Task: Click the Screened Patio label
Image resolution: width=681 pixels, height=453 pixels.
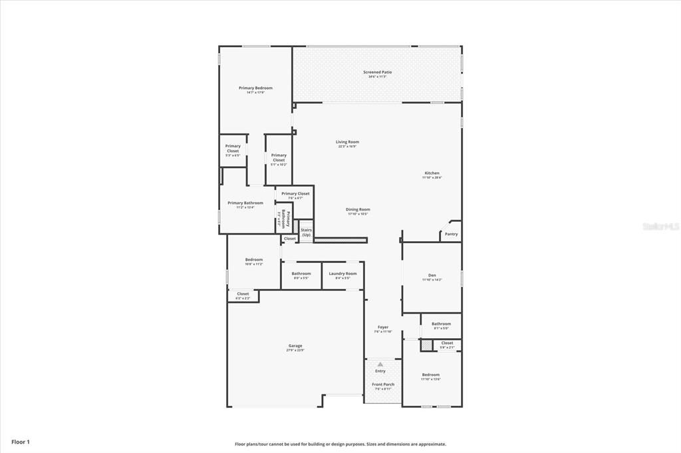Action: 377,74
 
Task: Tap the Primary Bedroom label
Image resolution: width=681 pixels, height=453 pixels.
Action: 255,90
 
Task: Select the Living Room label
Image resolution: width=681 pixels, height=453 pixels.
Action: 347,143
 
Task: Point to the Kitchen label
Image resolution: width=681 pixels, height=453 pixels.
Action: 432,175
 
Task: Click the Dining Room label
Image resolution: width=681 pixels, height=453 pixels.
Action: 358,211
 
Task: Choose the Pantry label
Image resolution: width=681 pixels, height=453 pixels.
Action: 451,234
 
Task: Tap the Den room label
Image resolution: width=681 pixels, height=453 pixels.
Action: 432,277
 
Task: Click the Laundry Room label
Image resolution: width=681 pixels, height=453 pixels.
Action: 342,275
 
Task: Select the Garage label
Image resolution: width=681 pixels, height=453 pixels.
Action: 295,347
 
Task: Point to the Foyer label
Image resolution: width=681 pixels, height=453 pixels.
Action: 383,329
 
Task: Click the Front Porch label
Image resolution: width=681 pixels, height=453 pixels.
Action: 382,386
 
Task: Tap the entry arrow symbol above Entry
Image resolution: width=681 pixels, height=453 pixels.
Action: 380,364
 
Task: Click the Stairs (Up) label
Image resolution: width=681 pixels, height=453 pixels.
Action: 306,232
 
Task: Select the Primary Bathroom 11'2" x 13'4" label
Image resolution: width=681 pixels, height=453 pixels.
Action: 245,205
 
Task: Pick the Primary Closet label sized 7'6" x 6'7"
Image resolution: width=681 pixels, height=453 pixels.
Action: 295,195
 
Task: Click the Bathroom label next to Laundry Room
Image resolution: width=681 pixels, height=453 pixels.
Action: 301,275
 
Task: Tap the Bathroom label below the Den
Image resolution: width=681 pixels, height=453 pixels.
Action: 441,325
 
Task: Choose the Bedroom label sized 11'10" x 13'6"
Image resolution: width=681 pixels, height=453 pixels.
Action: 431,377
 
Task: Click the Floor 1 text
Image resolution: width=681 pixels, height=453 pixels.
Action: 20,441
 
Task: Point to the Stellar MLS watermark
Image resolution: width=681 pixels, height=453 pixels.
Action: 660,226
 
